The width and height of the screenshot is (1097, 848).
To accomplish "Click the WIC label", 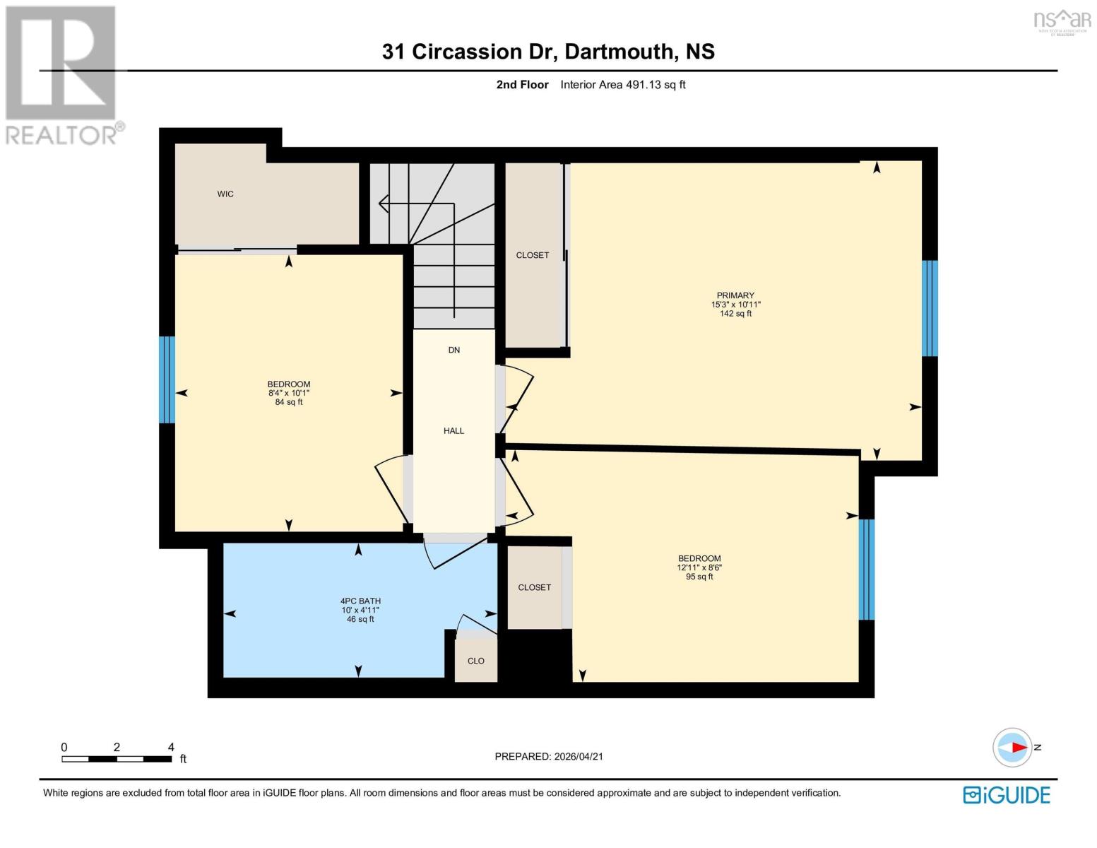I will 225,194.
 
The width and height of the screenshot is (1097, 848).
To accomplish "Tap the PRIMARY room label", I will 735,295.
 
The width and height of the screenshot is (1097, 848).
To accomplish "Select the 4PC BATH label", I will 360,601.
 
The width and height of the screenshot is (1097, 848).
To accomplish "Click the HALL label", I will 453,430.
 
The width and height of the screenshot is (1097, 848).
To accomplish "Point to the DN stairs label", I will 453,350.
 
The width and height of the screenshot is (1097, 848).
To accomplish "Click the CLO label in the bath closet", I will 475,661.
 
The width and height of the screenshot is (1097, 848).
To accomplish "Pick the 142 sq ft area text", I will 735,314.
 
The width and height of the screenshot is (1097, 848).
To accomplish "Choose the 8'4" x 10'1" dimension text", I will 289,394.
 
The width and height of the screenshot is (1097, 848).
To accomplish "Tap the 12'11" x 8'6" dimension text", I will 699,567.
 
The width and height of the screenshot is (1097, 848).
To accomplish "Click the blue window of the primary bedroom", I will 930,308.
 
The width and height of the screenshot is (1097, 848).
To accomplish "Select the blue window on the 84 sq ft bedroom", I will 167,379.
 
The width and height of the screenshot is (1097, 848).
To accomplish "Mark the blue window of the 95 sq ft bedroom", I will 866,570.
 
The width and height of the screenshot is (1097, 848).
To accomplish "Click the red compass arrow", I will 1018,747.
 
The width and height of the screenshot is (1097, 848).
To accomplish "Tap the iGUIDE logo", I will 1007,795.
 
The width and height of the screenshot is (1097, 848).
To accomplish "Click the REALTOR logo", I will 62,74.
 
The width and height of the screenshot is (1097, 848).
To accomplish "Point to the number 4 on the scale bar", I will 171,747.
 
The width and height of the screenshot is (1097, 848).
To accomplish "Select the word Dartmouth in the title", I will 619,52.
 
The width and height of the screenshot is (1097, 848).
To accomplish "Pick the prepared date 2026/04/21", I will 579,756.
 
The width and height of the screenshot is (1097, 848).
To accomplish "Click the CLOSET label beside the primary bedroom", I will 532,255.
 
